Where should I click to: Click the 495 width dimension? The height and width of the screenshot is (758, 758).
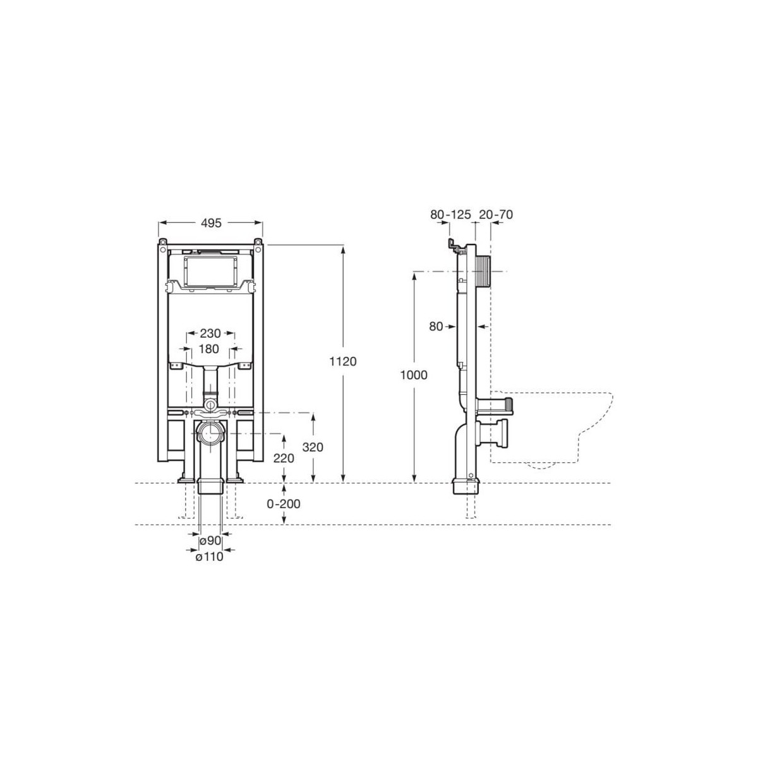point(211,223)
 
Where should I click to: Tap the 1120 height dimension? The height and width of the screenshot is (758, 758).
point(344,362)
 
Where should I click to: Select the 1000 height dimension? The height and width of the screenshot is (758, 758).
point(414,375)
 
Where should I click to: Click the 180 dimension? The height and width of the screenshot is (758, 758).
point(210,349)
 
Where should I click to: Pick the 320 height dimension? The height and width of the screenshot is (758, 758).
point(313,447)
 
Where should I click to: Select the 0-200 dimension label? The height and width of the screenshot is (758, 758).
point(284,504)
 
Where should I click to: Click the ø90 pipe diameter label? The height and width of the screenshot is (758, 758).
point(209,541)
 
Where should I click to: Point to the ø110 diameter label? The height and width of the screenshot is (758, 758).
point(208,556)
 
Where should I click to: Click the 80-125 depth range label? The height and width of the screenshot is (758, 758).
point(451,215)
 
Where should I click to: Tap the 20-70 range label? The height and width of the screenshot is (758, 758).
point(495,215)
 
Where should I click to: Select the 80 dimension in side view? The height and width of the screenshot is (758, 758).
point(436,327)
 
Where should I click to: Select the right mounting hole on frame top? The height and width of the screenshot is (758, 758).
point(258,241)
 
